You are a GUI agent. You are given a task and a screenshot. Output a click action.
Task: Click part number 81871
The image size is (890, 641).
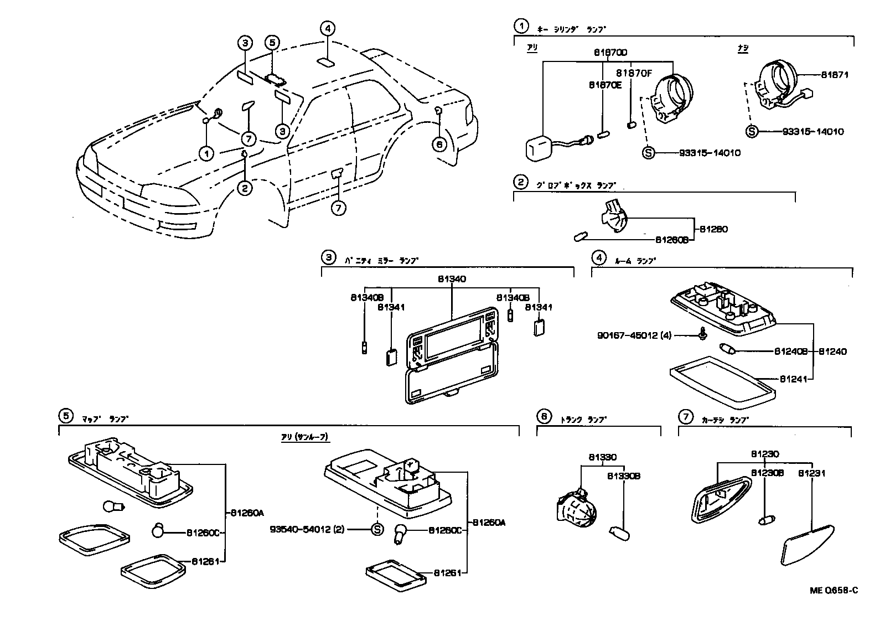(834, 75)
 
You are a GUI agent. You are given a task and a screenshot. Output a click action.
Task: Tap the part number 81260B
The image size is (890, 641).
(671, 240)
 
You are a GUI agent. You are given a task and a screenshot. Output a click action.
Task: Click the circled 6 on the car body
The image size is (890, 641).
(439, 144)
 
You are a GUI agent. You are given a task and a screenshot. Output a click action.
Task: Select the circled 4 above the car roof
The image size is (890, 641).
(328, 28)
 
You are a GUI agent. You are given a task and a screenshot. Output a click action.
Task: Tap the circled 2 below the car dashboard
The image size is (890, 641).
(244, 188)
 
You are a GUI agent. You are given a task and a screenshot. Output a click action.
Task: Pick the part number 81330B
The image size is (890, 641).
(623, 475)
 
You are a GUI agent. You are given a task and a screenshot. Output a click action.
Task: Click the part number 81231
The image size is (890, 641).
(811, 473)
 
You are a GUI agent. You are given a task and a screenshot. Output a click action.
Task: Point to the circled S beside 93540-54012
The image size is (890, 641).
(376, 529)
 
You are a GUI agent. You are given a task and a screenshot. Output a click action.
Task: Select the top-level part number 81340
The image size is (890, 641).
(452, 280)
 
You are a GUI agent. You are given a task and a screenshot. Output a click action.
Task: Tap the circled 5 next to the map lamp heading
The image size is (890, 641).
(65, 416)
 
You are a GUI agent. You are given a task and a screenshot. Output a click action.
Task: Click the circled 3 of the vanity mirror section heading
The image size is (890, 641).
(329, 257)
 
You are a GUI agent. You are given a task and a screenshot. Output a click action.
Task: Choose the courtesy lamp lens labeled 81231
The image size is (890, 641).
(806, 546)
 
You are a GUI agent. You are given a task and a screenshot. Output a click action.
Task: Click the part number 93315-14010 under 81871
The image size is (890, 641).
(813, 132)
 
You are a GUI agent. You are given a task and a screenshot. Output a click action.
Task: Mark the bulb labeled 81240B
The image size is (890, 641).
(726, 349)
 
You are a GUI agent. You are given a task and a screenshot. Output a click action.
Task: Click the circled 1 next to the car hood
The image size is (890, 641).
(206, 153)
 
